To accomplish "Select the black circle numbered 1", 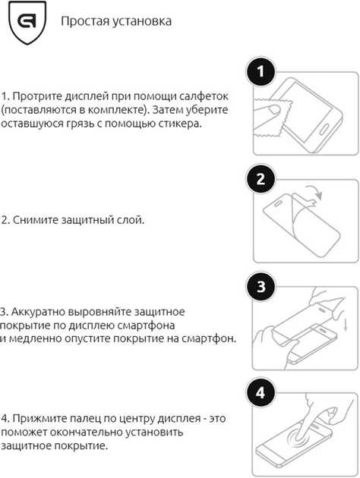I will click(x=261, y=73).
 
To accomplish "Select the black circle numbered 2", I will click(x=261, y=180).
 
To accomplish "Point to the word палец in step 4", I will click(x=83, y=418).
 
